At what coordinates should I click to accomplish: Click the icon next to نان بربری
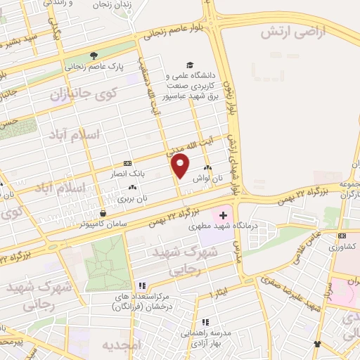click(x=133, y=187)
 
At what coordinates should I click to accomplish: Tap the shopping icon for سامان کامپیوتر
click(x=103, y=213)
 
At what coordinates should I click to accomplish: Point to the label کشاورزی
click(x=345, y=247)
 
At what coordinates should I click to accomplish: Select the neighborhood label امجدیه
click(x=122, y=345)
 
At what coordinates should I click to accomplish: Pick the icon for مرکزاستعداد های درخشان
click(x=142, y=285)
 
